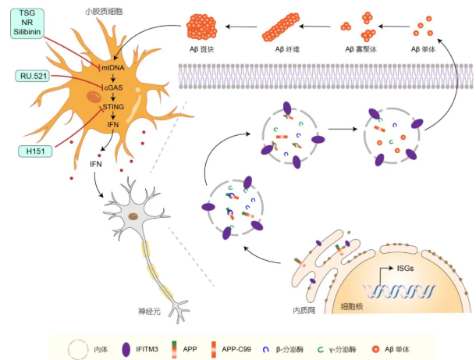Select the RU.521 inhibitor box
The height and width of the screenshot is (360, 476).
click(x=35, y=75)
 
